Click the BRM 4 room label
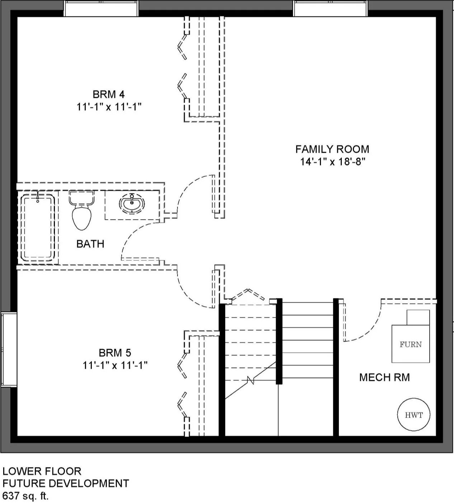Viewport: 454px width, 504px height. tap(109, 94)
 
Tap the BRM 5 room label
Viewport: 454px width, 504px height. tap(115, 353)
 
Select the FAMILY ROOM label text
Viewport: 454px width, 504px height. tap(332, 149)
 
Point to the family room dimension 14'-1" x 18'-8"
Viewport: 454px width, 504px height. tap(332, 162)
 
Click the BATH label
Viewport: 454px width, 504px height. tap(90, 244)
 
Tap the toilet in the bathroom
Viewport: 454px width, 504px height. tap(82, 210)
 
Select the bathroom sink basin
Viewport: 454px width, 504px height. tap(132, 202)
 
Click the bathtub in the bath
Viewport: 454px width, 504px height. tap(38, 228)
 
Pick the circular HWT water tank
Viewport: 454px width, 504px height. tap(413, 415)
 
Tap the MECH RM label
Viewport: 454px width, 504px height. tap(384, 377)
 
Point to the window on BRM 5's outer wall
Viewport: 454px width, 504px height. tap(9, 350)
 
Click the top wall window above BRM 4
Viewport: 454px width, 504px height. tap(101, 9)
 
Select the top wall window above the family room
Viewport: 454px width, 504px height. tap(330, 9)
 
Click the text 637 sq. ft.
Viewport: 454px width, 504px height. tap(25, 496)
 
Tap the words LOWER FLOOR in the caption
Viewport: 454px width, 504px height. tap(42, 471)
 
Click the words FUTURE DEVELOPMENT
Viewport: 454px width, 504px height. tap(66, 484)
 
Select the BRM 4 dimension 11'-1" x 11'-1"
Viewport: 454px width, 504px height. tap(109, 107)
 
